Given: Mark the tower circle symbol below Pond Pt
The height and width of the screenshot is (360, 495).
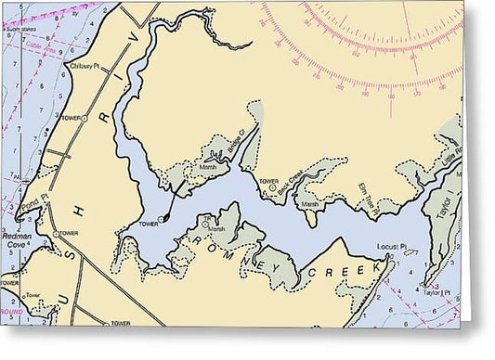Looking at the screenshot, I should pos(54,233).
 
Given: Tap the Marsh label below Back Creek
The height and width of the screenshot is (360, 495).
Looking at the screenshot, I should pos(309,204).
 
